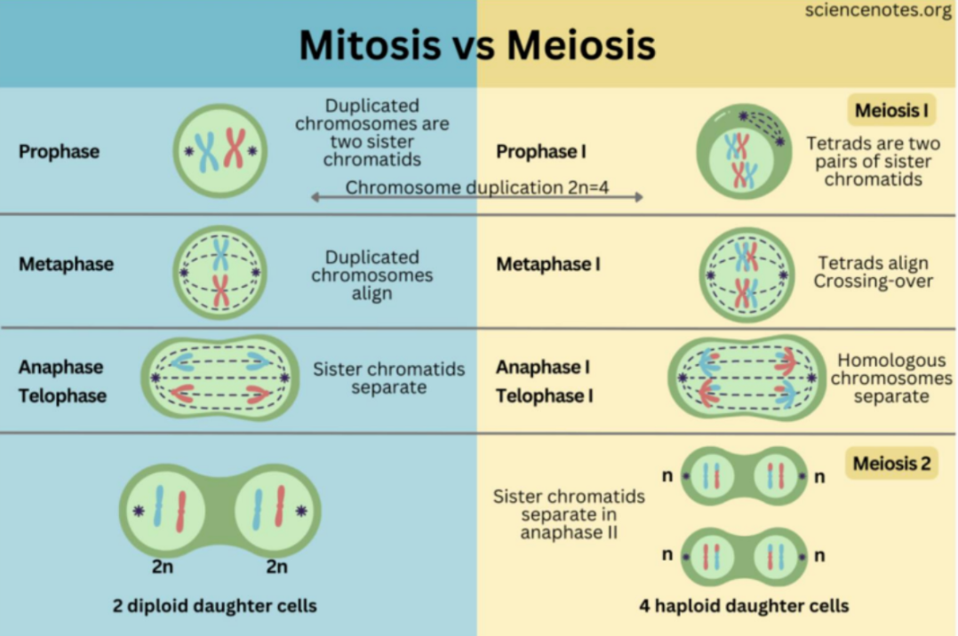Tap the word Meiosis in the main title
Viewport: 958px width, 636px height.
click(583, 45)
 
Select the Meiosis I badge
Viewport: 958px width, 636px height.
click(890, 111)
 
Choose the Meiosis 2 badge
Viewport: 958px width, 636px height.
click(891, 464)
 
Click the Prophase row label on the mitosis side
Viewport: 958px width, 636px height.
click(59, 151)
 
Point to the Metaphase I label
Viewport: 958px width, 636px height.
click(548, 264)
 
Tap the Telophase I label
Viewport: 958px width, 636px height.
click(544, 396)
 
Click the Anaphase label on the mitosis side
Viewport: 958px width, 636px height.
click(60, 367)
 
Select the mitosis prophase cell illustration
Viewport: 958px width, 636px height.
click(220, 150)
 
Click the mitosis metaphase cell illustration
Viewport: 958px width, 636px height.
click(220, 272)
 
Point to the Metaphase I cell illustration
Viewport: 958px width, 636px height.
click(746, 274)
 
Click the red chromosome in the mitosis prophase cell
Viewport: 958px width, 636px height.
click(234, 148)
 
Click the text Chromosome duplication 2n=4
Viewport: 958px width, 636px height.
click(476, 187)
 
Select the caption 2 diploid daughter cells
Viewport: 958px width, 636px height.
click(214, 607)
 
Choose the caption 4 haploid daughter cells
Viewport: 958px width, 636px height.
click(744, 607)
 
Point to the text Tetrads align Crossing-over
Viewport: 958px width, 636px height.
click(873, 272)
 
